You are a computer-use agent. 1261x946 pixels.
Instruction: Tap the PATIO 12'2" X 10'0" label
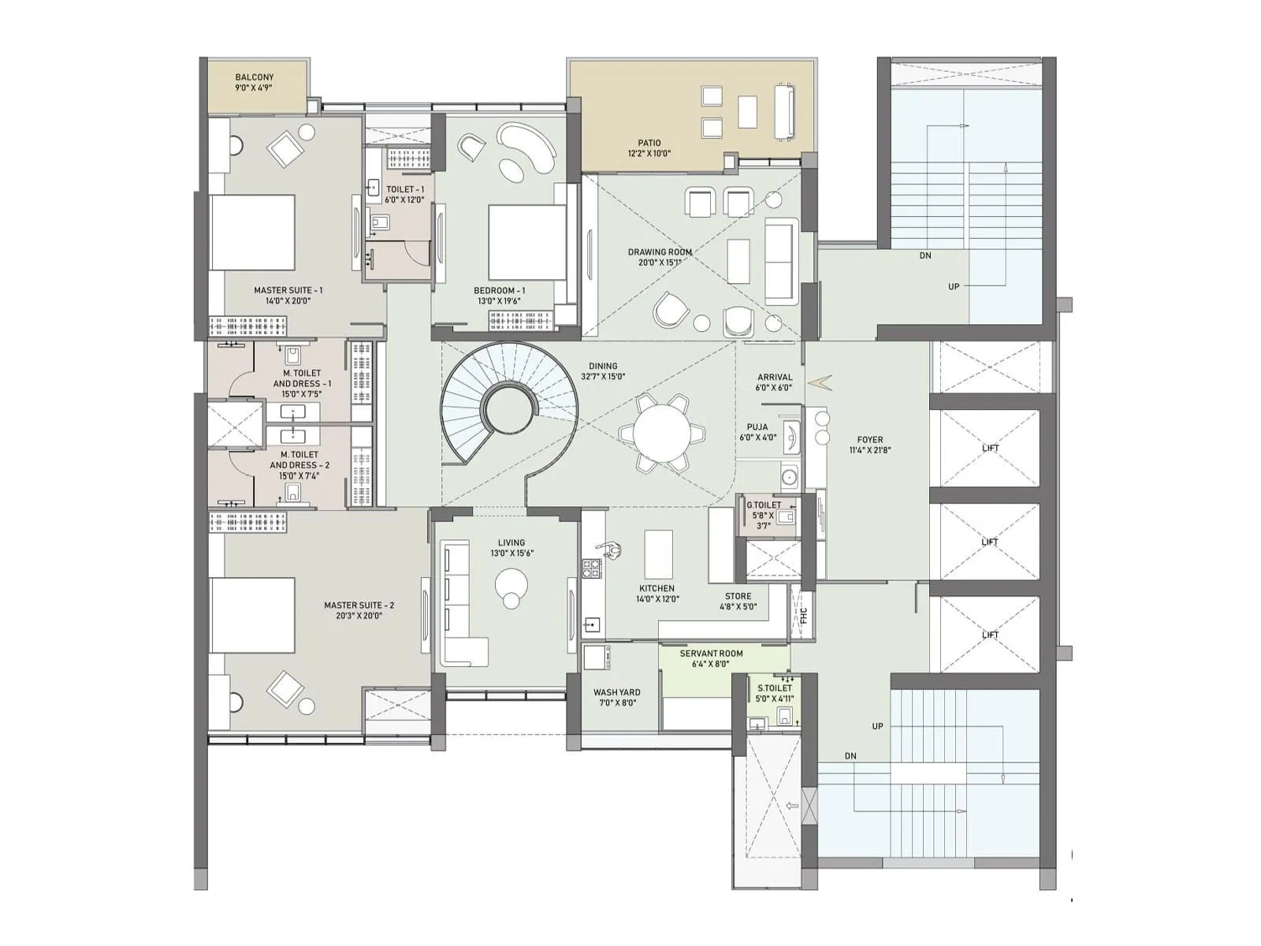click(649, 148)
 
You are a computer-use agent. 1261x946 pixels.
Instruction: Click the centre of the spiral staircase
click(509, 409)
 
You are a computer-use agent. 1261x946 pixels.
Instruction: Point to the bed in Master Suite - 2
click(252, 615)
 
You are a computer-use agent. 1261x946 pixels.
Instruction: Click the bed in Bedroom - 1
click(526, 242)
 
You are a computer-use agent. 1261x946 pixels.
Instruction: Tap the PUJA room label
click(757, 432)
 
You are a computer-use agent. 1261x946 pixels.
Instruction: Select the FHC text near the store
click(804, 615)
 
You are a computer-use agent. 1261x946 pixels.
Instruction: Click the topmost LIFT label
click(990, 448)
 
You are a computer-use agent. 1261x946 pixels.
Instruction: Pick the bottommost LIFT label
click(990, 635)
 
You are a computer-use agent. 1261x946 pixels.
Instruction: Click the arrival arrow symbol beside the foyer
click(820, 382)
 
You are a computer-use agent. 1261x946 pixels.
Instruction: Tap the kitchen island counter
click(659, 554)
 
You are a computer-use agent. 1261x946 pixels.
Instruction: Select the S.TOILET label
click(775, 693)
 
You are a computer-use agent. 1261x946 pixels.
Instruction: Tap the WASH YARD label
click(616, 698)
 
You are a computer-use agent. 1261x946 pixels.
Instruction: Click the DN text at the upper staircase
click(925, 255)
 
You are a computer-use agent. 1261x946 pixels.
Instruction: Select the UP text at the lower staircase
click(877, 726)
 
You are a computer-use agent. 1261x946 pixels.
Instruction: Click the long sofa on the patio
click(784, 112)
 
